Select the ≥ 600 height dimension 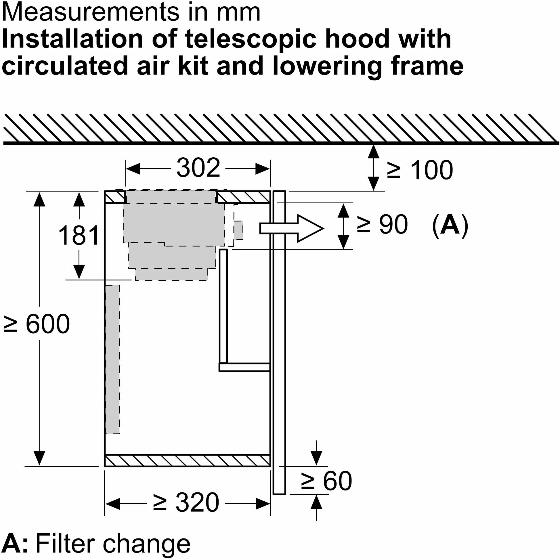[x=37, y=324]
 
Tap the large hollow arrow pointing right [x=291, y=228]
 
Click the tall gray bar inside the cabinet [x=112, y=360]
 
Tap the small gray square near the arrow [x=238, y=230]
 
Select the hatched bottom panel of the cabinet [x=187, y=460]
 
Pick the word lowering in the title [x=327, y=66]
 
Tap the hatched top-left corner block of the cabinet [x=115, y=197]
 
